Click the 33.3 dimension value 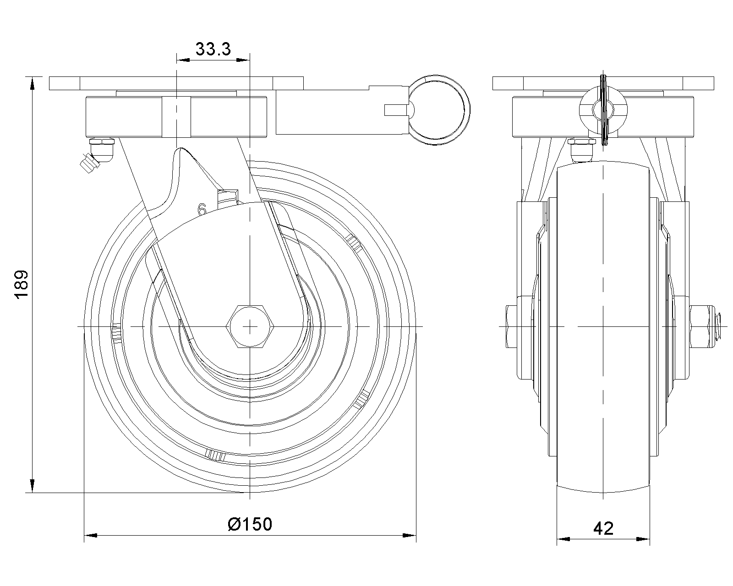213,49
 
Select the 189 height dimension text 22,285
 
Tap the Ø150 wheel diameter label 250,524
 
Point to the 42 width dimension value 603,528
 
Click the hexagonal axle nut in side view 250,326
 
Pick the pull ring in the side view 439,110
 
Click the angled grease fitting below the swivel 90,163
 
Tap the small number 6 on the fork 202,209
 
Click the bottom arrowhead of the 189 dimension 33,486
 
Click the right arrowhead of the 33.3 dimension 243,60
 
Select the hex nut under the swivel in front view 102,141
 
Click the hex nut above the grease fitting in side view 582,141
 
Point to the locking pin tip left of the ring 395,110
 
